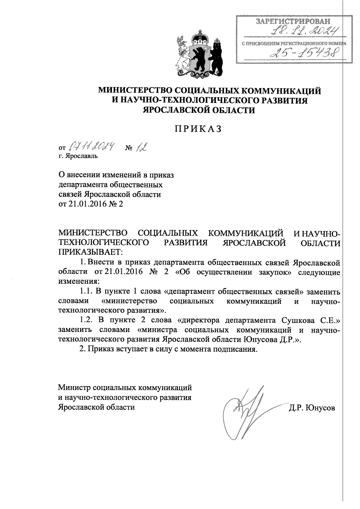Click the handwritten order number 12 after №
142,147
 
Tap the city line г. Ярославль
78,156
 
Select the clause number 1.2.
86,320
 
